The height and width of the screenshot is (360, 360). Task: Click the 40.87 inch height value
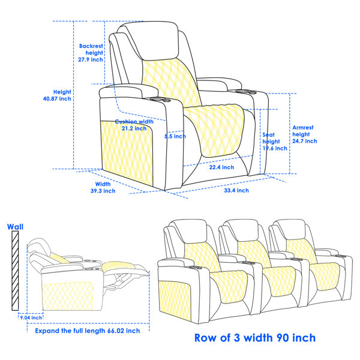57,99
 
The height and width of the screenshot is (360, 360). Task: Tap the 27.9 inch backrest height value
91,59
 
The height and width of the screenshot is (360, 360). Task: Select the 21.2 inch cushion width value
134,128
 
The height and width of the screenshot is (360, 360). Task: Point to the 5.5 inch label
175,136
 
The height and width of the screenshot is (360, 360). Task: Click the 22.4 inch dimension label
221,167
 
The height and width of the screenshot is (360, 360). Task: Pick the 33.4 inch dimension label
236,190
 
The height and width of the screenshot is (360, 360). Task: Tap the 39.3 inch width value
103,191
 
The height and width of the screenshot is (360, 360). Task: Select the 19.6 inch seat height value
275,148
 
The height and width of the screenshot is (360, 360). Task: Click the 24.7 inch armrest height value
305,141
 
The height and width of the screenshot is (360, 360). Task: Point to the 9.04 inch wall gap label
31,317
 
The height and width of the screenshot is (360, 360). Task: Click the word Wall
15,227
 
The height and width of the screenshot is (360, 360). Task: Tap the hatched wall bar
15,271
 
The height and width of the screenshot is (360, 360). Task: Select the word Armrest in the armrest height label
303,128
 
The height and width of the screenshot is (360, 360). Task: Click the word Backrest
91,46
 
